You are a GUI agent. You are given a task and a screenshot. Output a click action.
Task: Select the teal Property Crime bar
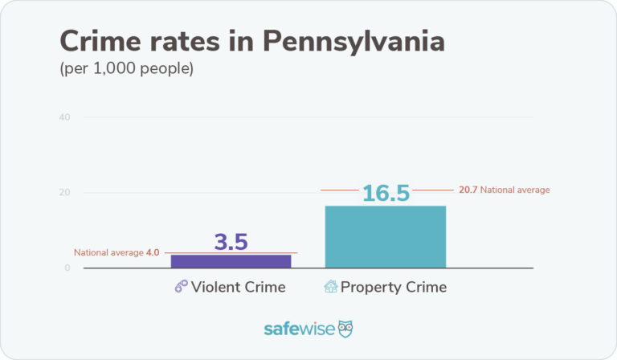(x=385, y=237)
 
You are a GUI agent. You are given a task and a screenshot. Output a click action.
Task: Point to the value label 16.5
(x=386, y=194)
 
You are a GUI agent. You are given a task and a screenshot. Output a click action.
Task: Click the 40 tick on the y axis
(x=64, y=117)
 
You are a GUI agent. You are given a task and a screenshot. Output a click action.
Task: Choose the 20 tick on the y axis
(x=64, y=193)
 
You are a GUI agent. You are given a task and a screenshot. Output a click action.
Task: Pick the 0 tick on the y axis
(x=67, y=268)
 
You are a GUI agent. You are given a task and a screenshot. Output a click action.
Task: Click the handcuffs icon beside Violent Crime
(x=182, y=287)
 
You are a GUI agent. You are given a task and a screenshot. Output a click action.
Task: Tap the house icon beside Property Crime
(x=330, y=287)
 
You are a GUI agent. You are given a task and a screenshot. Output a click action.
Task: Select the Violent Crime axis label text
(x=239, y=287)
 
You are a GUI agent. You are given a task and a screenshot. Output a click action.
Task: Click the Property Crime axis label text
(x=394, y=287)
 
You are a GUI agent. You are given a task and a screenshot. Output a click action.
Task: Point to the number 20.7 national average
(x=468, y=190)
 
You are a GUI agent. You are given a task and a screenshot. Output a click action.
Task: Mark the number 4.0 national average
(x=153, y=252)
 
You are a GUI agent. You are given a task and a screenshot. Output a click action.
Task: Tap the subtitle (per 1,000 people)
(x=127, y=69)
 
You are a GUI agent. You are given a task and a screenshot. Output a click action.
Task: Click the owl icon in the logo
(x=346, y=329)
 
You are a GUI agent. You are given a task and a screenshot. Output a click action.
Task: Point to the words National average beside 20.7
(x=515, y=190)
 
